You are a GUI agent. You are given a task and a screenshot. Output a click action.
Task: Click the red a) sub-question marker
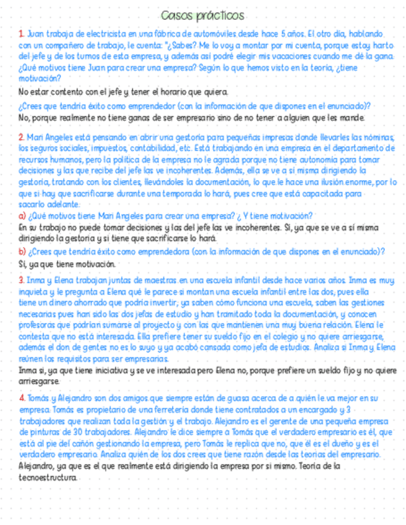(x=22, y=215)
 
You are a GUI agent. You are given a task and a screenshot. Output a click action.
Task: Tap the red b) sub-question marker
(x=22, y=251)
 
